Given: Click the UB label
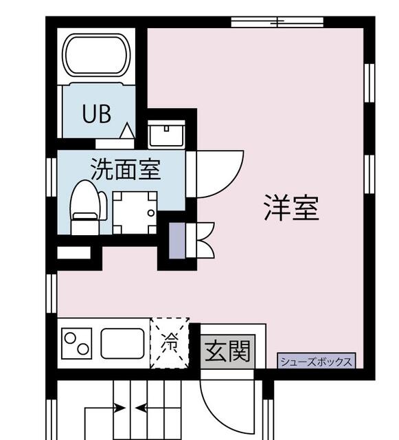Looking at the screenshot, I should click(x=97, y=114).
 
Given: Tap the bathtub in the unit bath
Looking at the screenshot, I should click(x=97, y=57).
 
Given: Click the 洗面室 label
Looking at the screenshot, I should click(x=126, y=168).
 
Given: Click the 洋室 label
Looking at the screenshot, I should click(x=291, y=208).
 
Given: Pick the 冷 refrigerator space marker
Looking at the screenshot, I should click(x=169, y=342).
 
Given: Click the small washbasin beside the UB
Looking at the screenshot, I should click(x=166, y=134).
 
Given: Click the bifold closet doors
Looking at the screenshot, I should click(x=204, y=239).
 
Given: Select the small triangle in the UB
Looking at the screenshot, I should click(x=127, y=131).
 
